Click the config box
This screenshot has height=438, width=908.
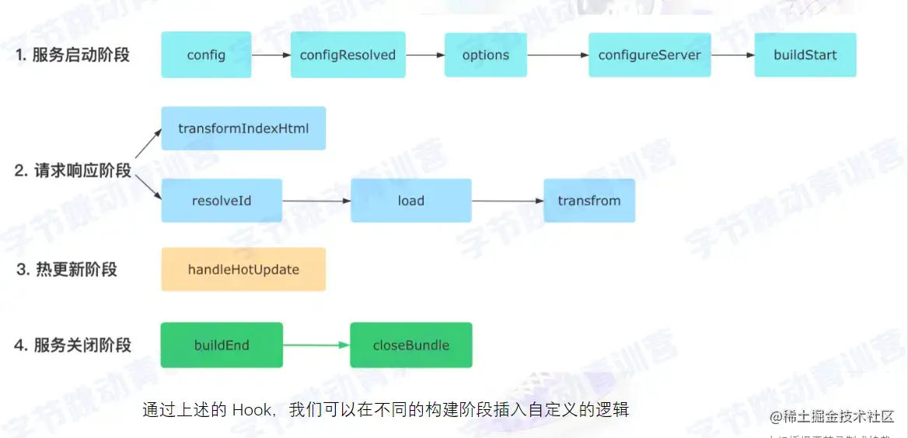tap(206, 54)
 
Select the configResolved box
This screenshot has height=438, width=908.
tap(347, 54)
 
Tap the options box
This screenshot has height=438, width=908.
tap(485, 54)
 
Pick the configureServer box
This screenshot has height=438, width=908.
tap(649, 54)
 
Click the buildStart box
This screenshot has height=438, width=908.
tap(805, 54)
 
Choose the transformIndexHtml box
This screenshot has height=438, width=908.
tap(243, 128)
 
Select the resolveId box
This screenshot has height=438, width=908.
tap(222, 201)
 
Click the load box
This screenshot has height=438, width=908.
tap(410, 201)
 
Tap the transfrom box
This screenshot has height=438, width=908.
tap(588, 201)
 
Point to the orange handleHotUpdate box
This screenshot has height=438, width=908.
tap(243, 269)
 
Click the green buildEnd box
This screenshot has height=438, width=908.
tap(222, 345)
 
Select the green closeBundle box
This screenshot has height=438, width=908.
tap(410, 345)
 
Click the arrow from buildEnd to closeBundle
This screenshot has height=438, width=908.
tap(316, 345)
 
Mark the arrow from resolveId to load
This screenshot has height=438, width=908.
tap(316, 201)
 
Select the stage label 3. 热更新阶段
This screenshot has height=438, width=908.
tap(67, 270)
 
